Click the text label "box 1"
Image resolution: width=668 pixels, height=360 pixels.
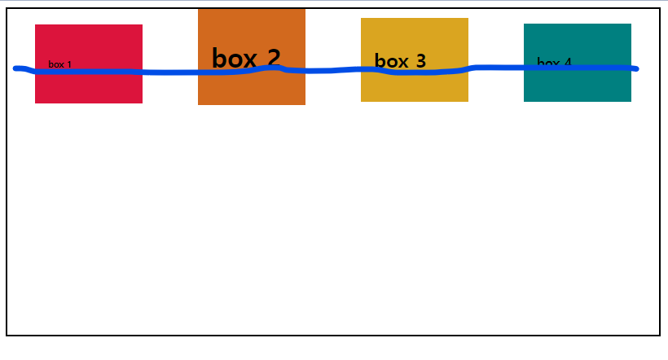(x=59, y=64)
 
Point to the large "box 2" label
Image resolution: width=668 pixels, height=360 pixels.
(x=246, y=58)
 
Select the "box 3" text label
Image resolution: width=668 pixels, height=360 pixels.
(x=400, y=61)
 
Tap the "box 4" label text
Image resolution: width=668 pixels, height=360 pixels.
(x=554, y=62)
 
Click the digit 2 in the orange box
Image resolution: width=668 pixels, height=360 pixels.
(x=273, y=58)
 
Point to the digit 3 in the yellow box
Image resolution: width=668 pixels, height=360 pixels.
(x=420, y=61)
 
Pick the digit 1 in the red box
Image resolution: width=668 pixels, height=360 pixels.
(x=69, y=64)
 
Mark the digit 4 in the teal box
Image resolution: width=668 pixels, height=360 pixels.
(x=567, y=62)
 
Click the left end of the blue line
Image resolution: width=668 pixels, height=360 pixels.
(x=16, y=68)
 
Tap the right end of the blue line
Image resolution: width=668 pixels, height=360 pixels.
(x=635, y=68)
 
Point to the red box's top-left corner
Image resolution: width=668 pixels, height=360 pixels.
(x=36, y=25)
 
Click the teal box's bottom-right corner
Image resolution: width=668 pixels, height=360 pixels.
(x=631, y=101)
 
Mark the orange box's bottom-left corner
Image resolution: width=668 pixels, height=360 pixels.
(x=199, y=104)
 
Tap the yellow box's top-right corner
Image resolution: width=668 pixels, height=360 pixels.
(x=468, y=19)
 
